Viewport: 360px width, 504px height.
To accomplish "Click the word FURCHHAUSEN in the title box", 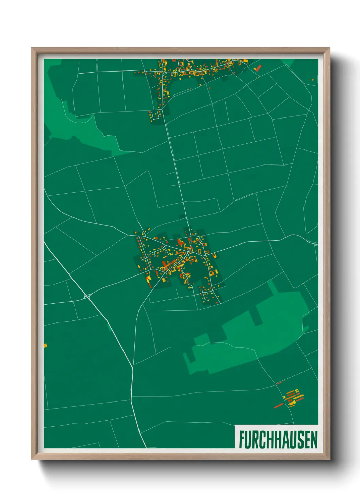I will [278, 439].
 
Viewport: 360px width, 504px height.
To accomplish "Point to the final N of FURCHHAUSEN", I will [314, 439].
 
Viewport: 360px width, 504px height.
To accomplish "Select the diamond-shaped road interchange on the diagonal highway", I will [87, 297].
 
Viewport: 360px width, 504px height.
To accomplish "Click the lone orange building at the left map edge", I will [45, 346].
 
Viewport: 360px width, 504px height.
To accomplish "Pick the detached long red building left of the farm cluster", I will [279, 406].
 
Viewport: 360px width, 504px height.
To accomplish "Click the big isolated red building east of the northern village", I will [258, 68].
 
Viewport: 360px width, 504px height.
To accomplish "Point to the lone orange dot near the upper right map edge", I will [313, 80].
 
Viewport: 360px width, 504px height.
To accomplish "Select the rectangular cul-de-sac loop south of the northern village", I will [155, 115].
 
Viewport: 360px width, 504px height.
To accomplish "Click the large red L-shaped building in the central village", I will [180, 242].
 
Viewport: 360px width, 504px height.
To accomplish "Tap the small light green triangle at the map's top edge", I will [288, 62].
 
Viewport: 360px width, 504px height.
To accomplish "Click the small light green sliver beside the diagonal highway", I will [109, 327].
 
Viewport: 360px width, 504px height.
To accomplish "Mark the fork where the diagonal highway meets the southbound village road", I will [132, 368].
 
